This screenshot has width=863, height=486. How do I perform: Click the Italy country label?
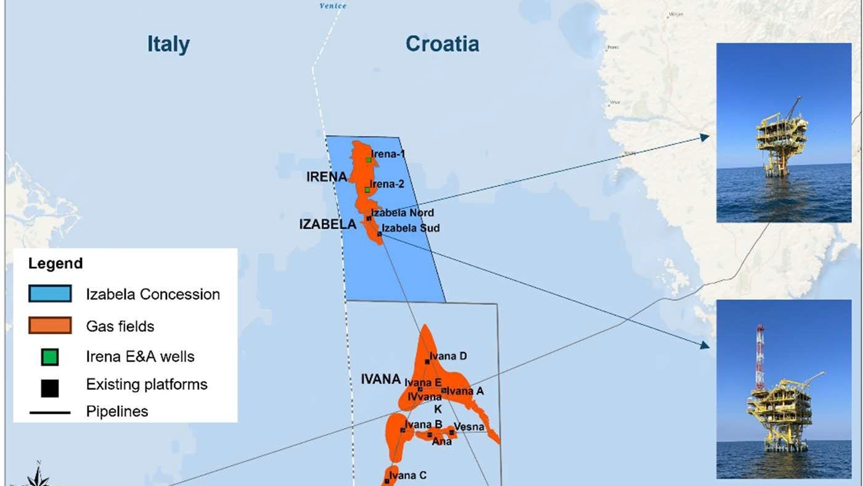(168, 44)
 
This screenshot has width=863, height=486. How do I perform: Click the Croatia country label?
(442, 44)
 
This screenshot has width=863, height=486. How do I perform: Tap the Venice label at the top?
(333, 6)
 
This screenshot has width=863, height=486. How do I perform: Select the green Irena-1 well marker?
(369, 159)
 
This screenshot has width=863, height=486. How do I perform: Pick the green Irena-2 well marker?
(367, 189)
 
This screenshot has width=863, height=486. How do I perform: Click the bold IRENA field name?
(327, 178)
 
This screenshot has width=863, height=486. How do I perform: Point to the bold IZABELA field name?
(327, 224)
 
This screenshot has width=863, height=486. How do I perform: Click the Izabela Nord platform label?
(402, 213)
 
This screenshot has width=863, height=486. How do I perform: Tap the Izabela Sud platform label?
(411, 228)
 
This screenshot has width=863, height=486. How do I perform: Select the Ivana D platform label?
(448, 356)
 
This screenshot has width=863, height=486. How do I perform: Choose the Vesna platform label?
(469, 427)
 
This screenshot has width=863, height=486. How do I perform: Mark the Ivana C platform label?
(408, 475)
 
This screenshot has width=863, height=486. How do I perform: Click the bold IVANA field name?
(380, 379)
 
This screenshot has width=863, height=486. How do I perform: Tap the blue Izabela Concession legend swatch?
(49, 294)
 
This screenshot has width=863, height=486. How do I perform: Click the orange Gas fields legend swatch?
(49, 325)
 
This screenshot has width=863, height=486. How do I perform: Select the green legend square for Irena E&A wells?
(50, 356)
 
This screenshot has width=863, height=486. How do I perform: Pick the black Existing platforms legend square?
(50, 387)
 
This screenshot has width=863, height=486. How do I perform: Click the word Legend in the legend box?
(55, 263)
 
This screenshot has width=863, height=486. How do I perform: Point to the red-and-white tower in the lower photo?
(759, 358)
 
